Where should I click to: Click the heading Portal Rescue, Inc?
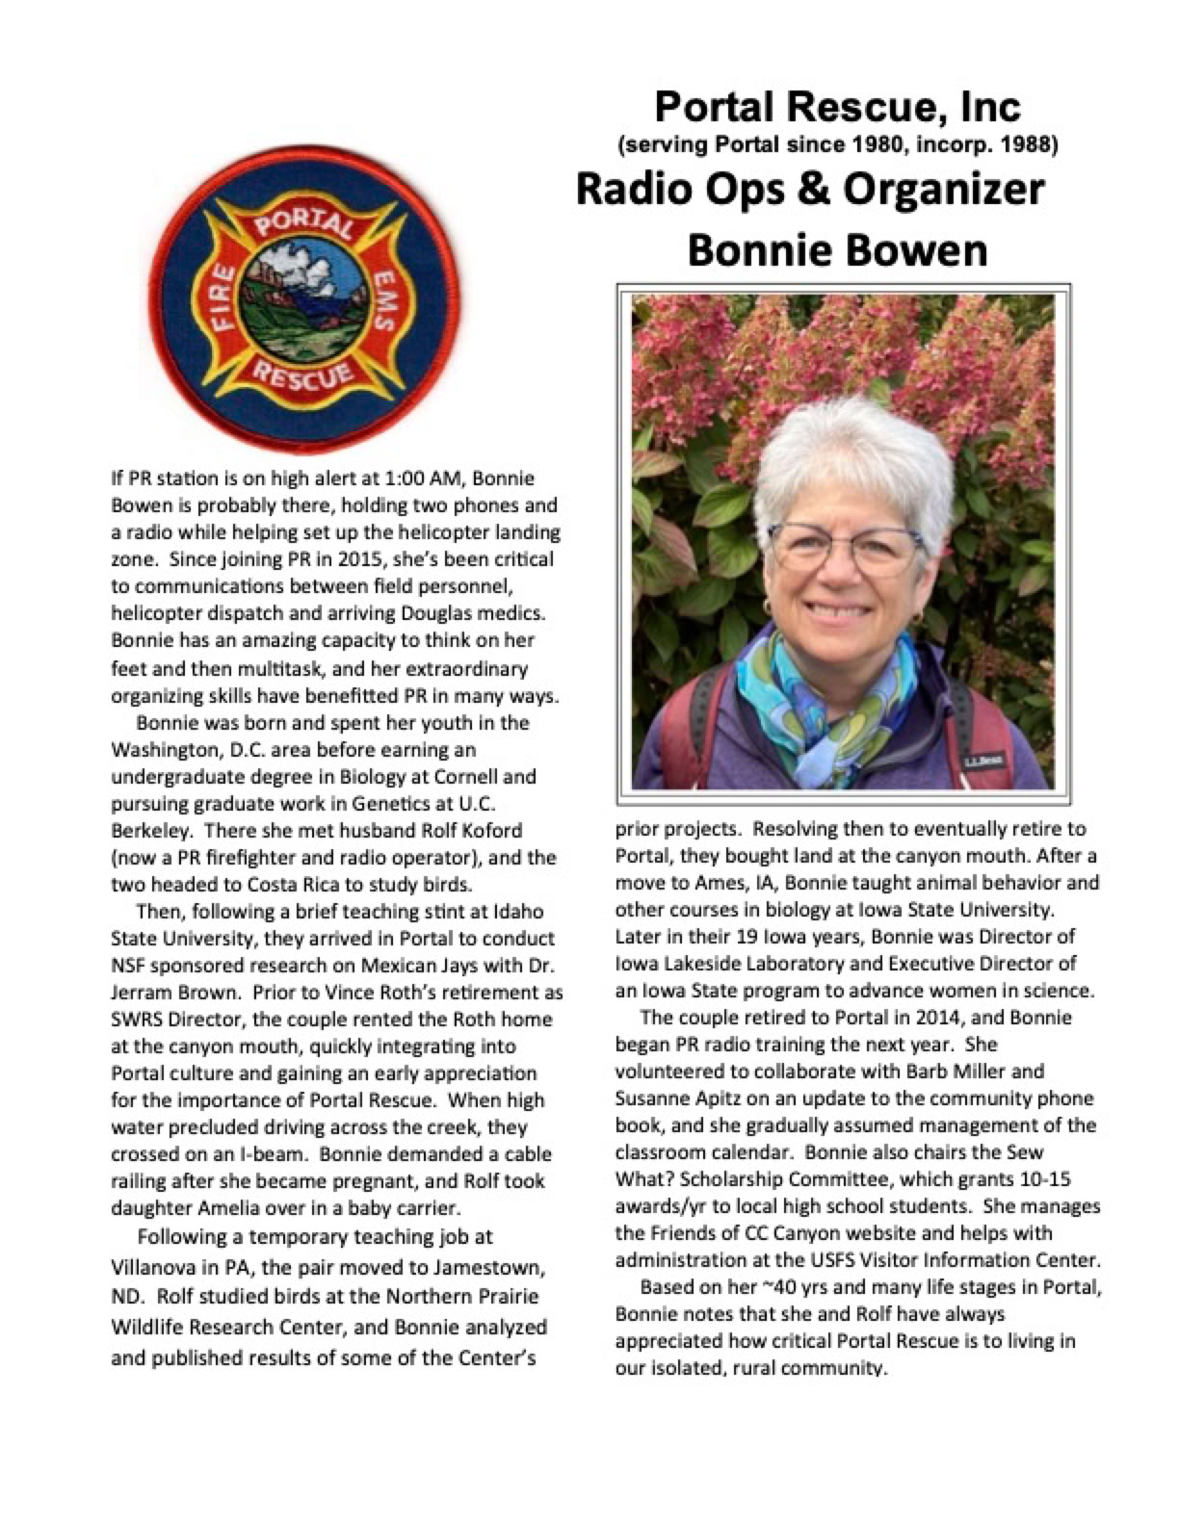pyautogui.click(x=836, y=107)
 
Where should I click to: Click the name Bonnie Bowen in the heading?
pyautogui.click(x=836, y=250)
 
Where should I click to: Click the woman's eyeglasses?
pyautogui.click(x=841, y=550)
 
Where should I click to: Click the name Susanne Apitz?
pyautogui.click(x=673, y=1098)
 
